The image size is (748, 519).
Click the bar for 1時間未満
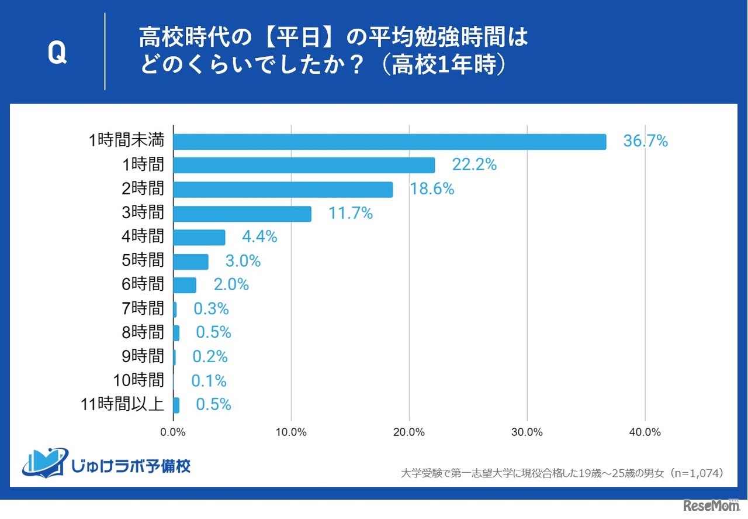pyautogui.click(x=390, y=142)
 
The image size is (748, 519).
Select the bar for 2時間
pyautogui.click(x=283, y=190)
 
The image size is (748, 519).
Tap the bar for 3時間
pyautogui.click(x=243, y=214)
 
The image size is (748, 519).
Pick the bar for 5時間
pyautogui.click(x=191, y=262)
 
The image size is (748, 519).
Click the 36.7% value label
pyautogui.click(x=645, y=141)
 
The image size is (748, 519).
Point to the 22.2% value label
pyautogui.click(x=474, y=165)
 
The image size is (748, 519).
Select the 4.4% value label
pyautogui.click(x=259, y=237)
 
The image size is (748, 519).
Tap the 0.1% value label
pyautogui.click(x=209, y=381)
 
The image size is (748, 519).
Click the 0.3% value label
pyautogui.click(x=210, y=309)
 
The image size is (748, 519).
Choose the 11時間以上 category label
pyautogui.click(x=121, y=404)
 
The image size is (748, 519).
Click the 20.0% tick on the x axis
pyautogui.click(x=409, y=432)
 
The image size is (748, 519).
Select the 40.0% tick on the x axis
pyautogui.click(x=645, y=432)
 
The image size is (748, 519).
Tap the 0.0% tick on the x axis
pyautogui.click(x=174, y=432)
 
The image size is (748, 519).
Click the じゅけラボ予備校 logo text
pyautogui.click(x=130, y=466)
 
